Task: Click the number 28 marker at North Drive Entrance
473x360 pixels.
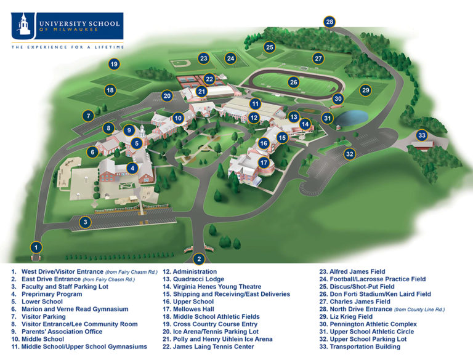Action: tap(329, 22)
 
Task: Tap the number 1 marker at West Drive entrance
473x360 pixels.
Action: tap(37, 247)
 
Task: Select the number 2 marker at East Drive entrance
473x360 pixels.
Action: tap(198, 258)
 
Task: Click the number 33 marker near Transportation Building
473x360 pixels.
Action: tap(421, 135)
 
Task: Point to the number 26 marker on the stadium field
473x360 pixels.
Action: tap(294, 82)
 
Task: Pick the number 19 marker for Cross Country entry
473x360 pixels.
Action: tap(113, 63)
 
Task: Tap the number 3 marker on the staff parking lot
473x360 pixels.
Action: tap(86, 222)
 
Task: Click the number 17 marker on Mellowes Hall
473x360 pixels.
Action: tap(264, 162)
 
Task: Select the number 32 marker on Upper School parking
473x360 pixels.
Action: tap(349, 154)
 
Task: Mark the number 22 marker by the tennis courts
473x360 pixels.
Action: tap(209, 79)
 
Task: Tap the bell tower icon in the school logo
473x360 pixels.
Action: tap(24, 25)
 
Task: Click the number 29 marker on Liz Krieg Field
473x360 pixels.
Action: tap(365, 90)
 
